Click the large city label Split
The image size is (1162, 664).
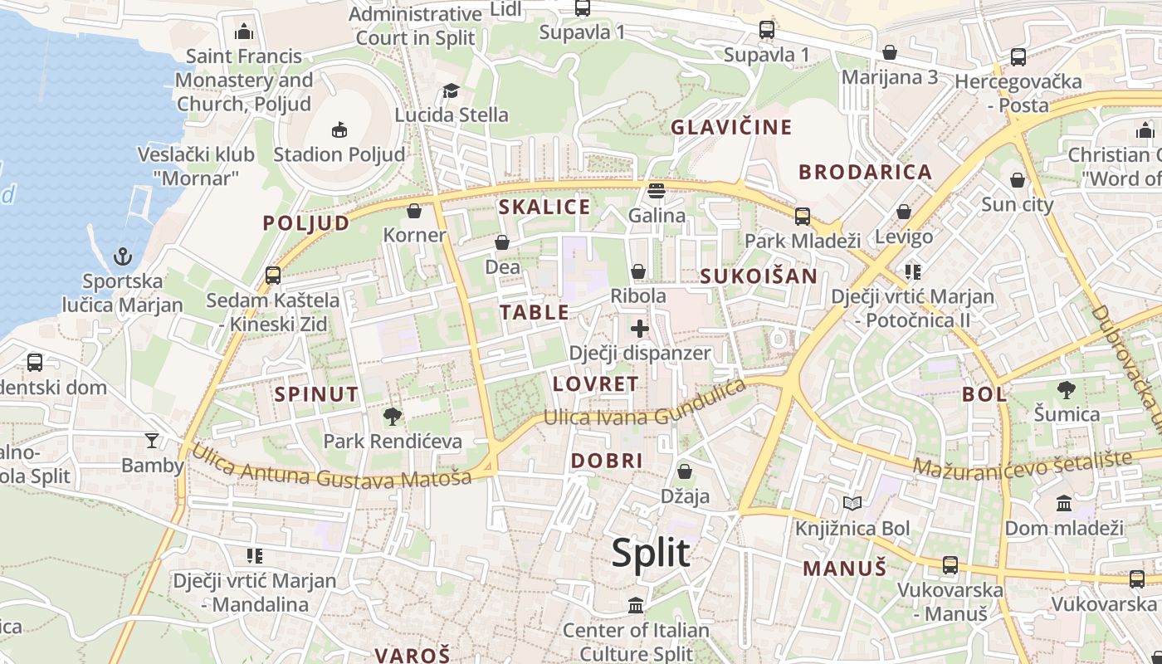(651, 553)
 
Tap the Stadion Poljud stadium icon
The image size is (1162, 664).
(339, 129)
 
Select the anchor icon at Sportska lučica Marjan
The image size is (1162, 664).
(123, 256)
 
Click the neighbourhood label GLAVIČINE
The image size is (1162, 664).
(731, 127)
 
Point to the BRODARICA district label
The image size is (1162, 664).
(865, 172)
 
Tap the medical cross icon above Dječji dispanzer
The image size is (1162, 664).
(639, 329)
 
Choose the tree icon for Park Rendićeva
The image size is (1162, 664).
(393, 416)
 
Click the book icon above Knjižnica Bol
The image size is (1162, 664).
(852, 503)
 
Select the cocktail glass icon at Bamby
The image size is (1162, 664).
(151, 440)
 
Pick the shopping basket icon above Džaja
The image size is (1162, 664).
(685, 471)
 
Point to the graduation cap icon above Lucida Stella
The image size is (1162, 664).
(451, 90)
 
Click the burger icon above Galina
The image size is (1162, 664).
(657, 191)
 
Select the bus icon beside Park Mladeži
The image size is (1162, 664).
(802, 217)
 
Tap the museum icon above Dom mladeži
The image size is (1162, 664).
(1063, 503)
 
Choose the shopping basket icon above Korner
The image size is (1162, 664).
(414, 211)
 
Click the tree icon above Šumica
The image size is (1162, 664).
(1067, 388)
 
